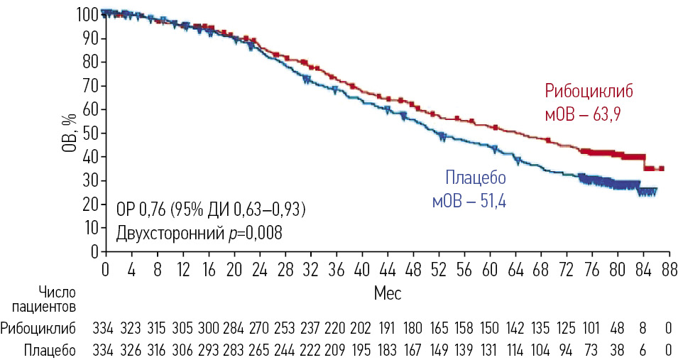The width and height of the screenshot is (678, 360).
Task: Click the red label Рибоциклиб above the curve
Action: tap(589, 92)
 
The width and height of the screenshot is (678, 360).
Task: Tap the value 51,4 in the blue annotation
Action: tap(492, 202)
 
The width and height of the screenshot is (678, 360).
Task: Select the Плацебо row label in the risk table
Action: tap(48, 350)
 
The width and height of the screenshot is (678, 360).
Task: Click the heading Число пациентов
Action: tap(49, 299)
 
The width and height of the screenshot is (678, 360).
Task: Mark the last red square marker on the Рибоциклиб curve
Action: tap(661, 168)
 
